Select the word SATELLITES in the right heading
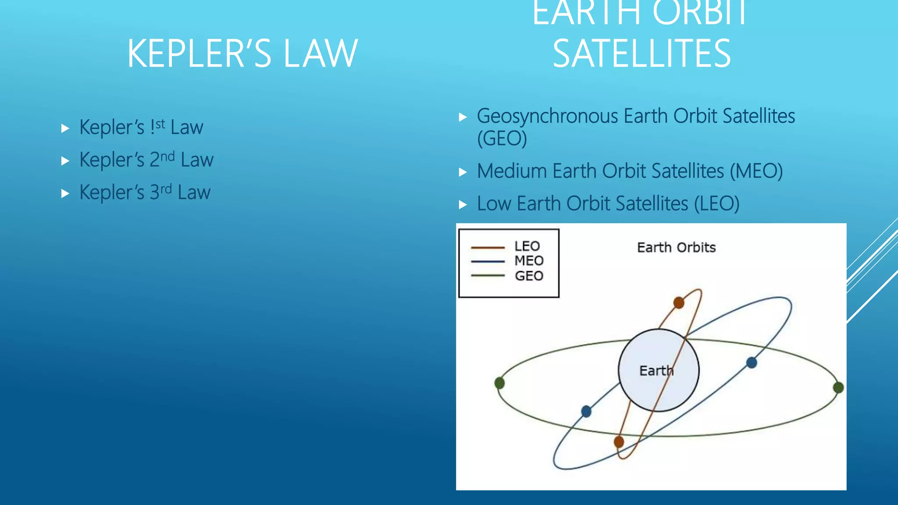pyautogui.click(x=641, y=53)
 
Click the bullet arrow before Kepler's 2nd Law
pyautogui.click(x=65, y=161)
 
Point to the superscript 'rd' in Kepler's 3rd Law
pyautogui.click(x=166, y=189)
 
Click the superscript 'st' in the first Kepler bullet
pyautogui.click(x=160, y=124)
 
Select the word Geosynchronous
pyautogui.click(x=548, y=117)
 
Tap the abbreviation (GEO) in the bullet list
pyautogui.click(x=502, y=139)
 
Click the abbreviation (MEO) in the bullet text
pyautogui.click(x=756, y=171)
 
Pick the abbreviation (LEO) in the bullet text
pyautogui.click(x=717, y=204)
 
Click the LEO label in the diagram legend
pyautogui.click(x=527, y=246)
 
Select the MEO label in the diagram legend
pyautogui.click(x=529, y=261)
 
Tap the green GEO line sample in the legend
pyautogui.click(x=488, y=276)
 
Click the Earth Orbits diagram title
pyautogui.click(x=676, y=248)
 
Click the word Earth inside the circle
pyautogui.click(x=656, y=371)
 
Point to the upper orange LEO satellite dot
pyautogui.click(x=679, y=302)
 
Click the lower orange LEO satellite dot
pyautogui.click(x=619, y=442)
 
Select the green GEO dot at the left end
pyautogui.click(x=499, y=383)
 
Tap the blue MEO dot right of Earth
pyautogui.click(x=752, y=363)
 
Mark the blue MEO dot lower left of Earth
pyautogui.click(x=586, y=411)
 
